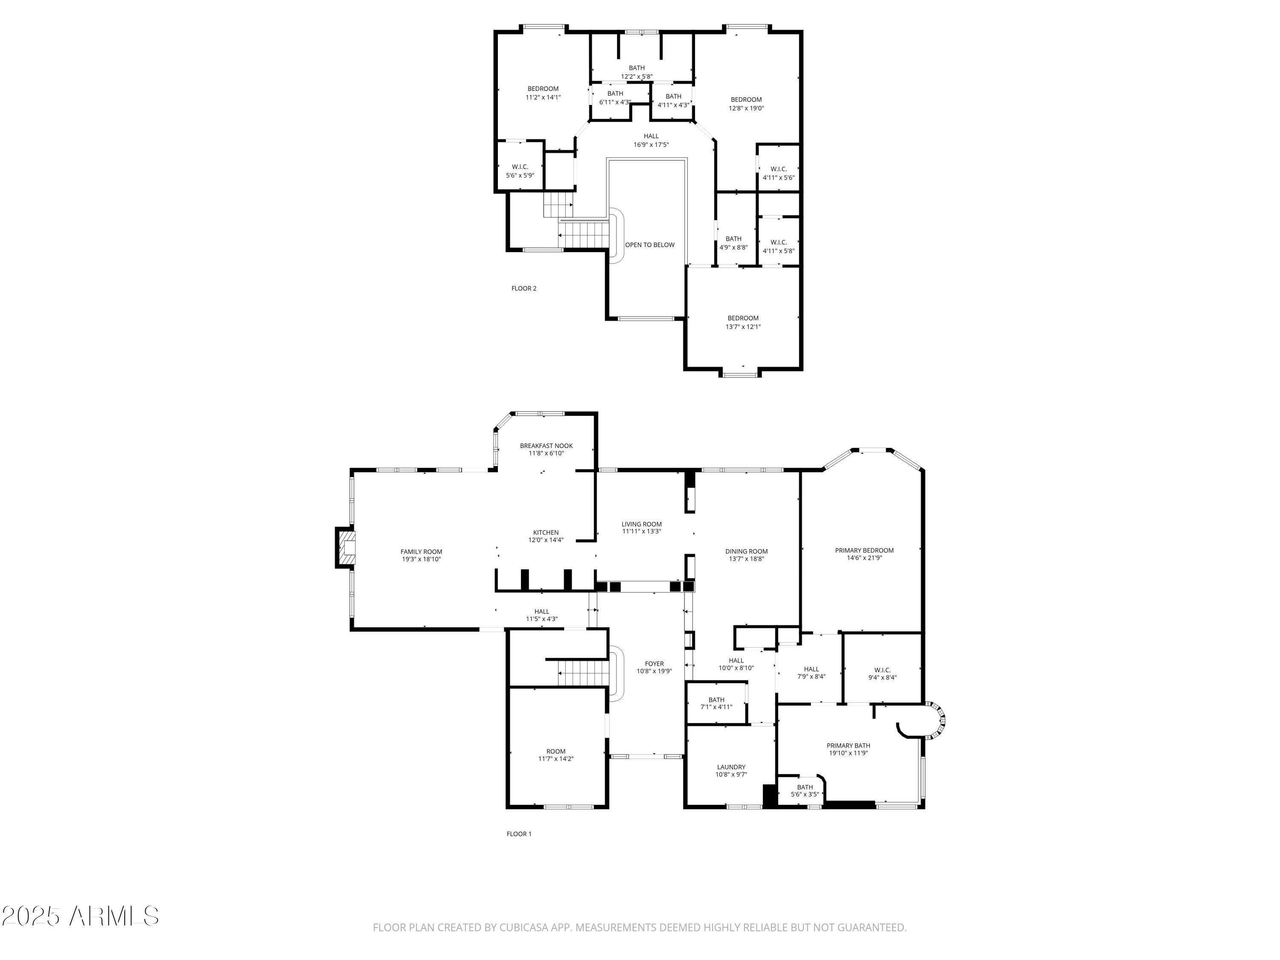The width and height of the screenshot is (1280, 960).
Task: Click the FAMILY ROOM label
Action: [x=421, y=551]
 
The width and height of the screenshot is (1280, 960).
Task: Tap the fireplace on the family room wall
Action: [x=346, y=547]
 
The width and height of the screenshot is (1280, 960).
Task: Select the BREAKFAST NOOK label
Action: [x=546, y=445]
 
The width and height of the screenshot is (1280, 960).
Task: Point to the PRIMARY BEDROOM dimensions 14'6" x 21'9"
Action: [x=864, y=558]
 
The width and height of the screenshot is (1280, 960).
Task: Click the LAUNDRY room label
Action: [x=731, y=767]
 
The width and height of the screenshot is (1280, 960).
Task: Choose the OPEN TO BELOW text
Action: [x=649, y=245]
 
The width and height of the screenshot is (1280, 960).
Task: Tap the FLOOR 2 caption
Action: [x=524, y=288]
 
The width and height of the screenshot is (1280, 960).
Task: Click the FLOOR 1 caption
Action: [x=518, y=834]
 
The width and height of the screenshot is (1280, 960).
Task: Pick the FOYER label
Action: [x=654, y=664]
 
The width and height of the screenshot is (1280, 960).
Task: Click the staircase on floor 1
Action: [x=583, y=673]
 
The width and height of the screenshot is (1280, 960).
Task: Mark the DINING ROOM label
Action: [x=746, y=551]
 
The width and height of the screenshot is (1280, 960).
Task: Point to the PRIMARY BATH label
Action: [x=848, y=745]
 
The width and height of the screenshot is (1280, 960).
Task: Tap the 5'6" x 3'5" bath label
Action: [x=804, y=794]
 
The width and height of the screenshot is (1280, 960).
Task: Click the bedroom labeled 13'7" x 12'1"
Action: [x=742, y=322]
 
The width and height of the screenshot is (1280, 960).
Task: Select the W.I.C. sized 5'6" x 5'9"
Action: [x=520, y=171]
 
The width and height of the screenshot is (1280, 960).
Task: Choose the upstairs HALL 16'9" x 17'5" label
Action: [x=651, y=140]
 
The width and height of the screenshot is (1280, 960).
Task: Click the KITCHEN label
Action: [x=546, y=532]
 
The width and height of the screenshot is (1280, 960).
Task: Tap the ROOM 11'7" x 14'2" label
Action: [x=556, y=755]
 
